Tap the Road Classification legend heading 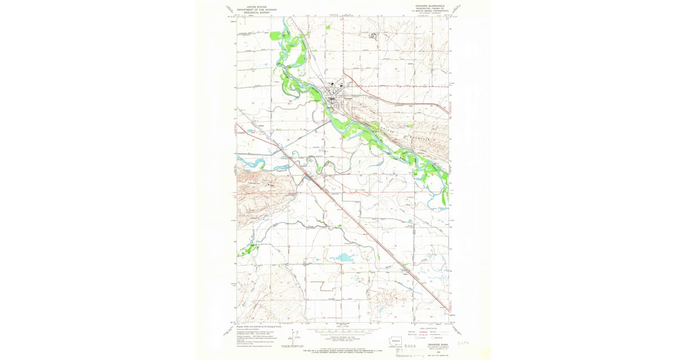point(433,327)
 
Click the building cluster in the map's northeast point(374,36)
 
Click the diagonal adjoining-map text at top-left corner point(230,10)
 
